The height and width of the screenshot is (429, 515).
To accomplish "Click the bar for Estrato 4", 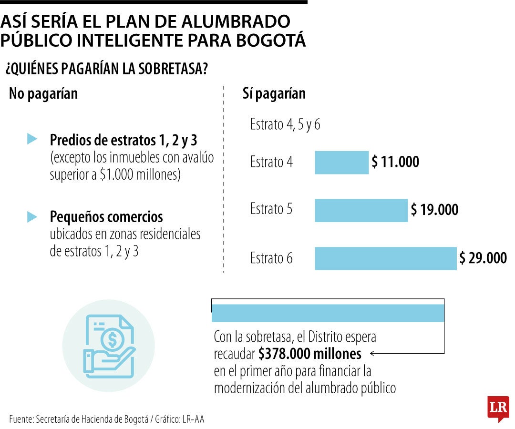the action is (341, 163).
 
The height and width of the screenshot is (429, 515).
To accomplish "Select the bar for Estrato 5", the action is (361, 210).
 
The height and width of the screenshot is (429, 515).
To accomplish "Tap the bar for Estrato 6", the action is (386, 258).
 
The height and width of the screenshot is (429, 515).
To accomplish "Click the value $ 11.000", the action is (395, 162).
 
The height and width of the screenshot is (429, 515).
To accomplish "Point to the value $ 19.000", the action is (434, 209).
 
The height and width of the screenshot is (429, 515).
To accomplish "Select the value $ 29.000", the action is (483, 258).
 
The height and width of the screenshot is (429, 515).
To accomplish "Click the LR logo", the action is (498, 409).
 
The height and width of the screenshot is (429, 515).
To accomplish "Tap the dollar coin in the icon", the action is (113, 340).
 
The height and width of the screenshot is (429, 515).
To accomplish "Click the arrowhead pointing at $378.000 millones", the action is (372, 354).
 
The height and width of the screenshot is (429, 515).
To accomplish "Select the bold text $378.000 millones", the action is (310, 354).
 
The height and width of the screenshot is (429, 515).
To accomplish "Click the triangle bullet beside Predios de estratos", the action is (32, 139).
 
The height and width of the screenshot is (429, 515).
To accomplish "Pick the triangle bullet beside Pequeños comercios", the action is (32, 216).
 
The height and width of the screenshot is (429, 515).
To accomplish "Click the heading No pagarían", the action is (43, 94).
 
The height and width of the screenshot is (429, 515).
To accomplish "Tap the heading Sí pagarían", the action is (274, 94).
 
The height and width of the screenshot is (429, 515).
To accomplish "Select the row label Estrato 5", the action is (271, 209).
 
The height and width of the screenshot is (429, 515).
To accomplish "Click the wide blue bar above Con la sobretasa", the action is (328, 313).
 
